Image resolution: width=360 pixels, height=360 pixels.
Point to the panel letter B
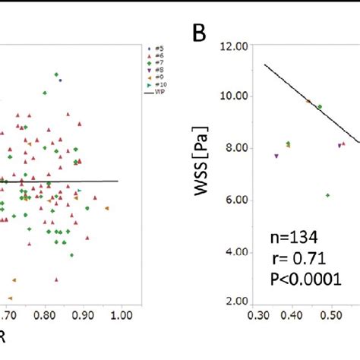198,33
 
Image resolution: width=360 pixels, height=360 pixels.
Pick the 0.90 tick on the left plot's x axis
84,312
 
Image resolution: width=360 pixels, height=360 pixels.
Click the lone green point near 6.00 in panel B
327,195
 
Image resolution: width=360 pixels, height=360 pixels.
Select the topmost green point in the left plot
56,74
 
